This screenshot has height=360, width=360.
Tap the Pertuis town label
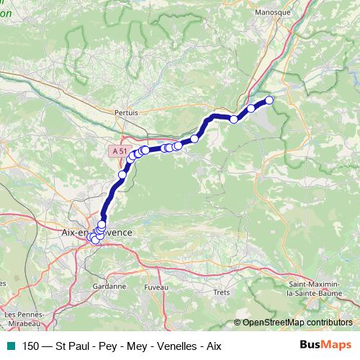(126, 112)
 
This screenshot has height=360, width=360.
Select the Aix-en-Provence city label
(96, 233)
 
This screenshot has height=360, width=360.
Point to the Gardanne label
(109, 286)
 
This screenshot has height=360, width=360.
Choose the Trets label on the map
(222, 292)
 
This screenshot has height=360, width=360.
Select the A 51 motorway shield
(120, 150)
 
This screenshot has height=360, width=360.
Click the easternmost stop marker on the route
(270, 100)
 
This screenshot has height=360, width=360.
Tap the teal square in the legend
(10, 346)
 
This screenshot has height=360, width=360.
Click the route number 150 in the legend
(30, 346)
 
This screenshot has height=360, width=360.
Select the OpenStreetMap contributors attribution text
(297, 322)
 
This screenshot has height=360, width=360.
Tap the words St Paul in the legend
(73, 346)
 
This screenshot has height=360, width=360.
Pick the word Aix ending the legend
(211, 346)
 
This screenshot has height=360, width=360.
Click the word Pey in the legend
(104, 346)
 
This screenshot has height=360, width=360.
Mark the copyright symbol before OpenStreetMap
(238, 322)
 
